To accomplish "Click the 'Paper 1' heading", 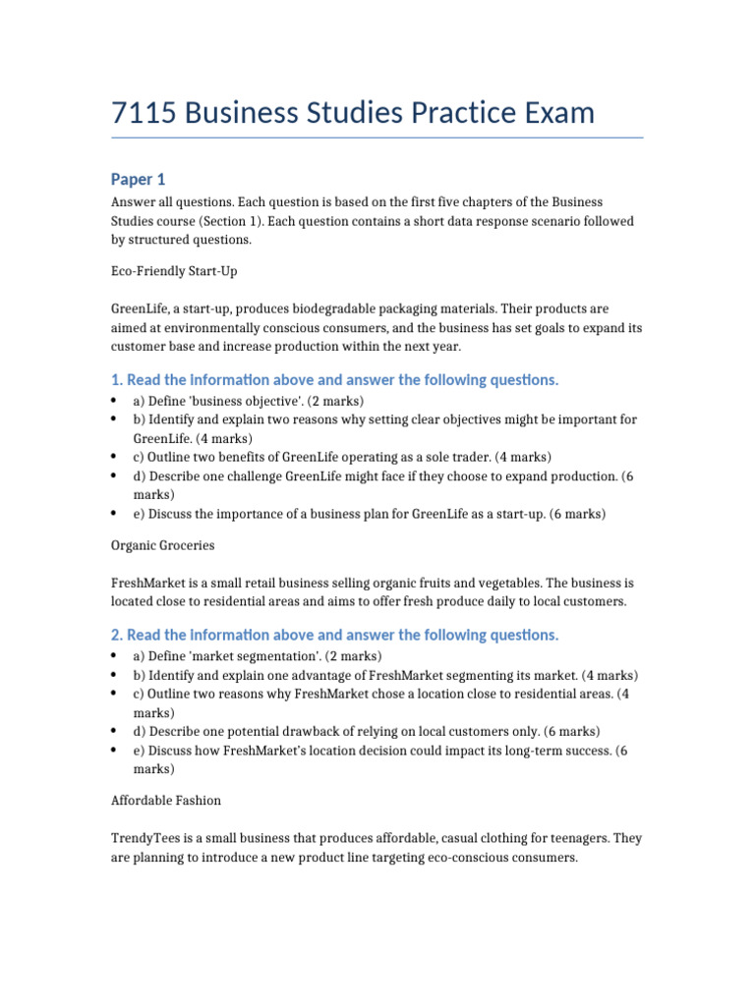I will point(138,179).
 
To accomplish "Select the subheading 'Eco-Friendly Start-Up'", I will point(174,269).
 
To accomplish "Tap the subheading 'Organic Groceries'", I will point(162,544).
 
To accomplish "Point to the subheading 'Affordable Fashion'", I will point(165,800).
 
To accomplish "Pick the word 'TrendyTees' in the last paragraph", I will point(145,838).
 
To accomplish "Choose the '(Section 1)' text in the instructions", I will point(242,221).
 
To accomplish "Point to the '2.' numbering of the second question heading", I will point(116,636).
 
